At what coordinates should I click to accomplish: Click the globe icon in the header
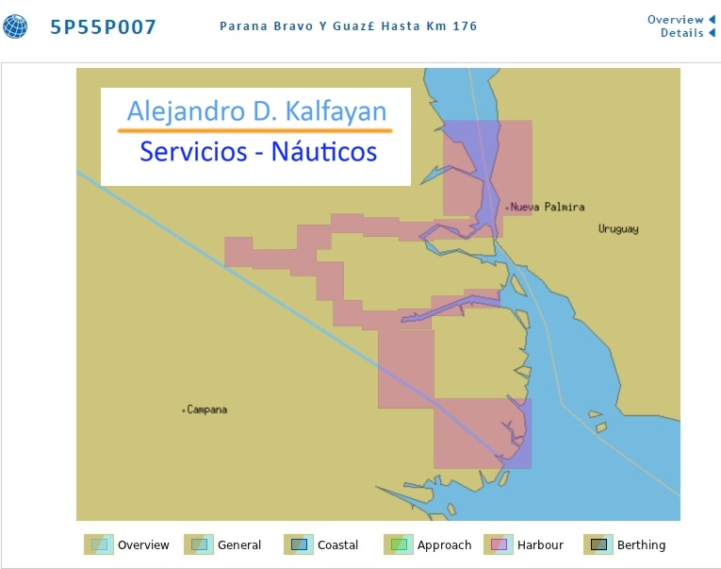(15, 26)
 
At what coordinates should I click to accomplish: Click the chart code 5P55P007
(103, 27)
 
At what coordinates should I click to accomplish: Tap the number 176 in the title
(465, 26)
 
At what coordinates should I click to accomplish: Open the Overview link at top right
(675, 20)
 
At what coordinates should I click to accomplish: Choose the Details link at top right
(682, 33)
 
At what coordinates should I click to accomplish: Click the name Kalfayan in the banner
(336, 112)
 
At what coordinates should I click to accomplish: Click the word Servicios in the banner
(193, 152)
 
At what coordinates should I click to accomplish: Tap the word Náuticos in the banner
(324, 152)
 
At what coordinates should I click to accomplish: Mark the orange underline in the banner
(255, 131)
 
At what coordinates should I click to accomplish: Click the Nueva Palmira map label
(548, 208)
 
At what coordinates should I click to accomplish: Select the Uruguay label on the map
(618, 228)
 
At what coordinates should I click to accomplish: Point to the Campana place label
(207, 410)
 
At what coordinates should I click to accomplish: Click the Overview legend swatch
(99, 544)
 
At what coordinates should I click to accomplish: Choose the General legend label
(239, 545)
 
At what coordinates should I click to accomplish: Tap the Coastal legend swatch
(299, 544)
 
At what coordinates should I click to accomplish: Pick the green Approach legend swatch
(399, 544)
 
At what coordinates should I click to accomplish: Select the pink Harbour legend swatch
(499, 544)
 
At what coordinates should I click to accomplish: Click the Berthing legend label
(642, 545)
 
